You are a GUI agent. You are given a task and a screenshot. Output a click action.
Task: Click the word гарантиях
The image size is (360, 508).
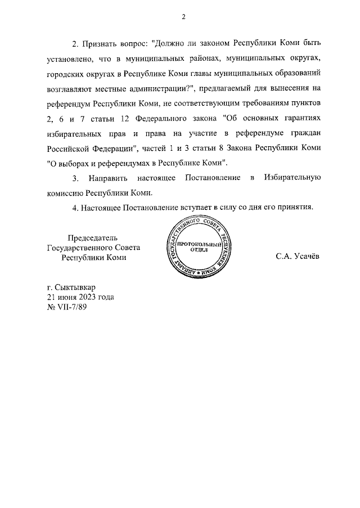coord(298,118)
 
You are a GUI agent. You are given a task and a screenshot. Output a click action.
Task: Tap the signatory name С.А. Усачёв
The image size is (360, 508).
coord(297,257)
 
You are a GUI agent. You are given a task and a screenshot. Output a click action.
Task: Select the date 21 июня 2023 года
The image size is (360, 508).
coord(80,297)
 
